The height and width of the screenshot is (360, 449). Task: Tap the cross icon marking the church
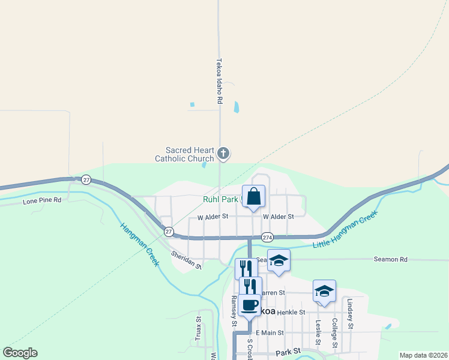click(x=223, y=154)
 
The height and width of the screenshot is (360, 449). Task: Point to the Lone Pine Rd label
click(x=42, y=200)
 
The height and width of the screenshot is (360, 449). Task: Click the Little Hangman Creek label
click(x=345, y=230)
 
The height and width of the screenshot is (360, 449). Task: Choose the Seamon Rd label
click(x=390, y=259)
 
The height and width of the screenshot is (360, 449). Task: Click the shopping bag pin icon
click(x=253, y=196)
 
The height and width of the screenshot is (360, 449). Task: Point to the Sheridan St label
click(x=186, y=258)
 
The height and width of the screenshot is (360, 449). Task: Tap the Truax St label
click(x=198, y=329)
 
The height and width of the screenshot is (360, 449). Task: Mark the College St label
click(x=334, y=334)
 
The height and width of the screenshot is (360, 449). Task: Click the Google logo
click(x=20, y=353)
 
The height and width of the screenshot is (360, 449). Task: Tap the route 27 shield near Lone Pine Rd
click(x=86, y=179)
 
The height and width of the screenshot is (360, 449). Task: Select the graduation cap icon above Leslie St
click(x=324, y=291)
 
